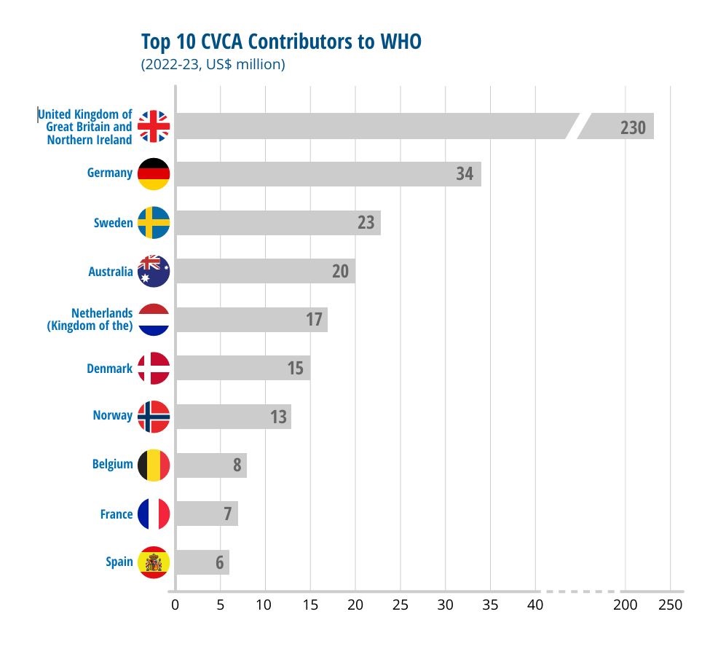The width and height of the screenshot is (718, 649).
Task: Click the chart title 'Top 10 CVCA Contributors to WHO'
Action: click(280, 42)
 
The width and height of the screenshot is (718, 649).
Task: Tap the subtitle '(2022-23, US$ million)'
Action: click(213, 64)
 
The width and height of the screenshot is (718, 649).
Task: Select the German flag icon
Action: click(154, 173)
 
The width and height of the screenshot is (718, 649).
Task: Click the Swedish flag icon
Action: click(154, 223)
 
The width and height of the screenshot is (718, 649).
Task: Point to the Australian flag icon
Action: click(154, 271)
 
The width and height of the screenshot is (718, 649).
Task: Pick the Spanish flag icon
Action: click(154, 562)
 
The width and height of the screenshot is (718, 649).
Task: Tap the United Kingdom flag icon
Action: click(154, 126)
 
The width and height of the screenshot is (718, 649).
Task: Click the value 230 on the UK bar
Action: click(633, 127)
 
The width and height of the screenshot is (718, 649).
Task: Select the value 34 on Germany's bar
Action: click(465, 174)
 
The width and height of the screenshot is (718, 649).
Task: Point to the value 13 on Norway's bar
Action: click(278, 417)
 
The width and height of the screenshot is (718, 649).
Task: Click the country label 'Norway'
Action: click(113, 415)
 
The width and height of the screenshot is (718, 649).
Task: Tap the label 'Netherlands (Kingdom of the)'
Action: click(90, 320)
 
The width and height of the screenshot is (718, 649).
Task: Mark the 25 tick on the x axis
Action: click(401, 605)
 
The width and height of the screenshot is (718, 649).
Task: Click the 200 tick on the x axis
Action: click(625, 605)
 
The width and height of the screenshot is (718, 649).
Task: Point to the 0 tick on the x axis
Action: click(175, 605)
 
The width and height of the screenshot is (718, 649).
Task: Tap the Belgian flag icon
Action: click(154, 465)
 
